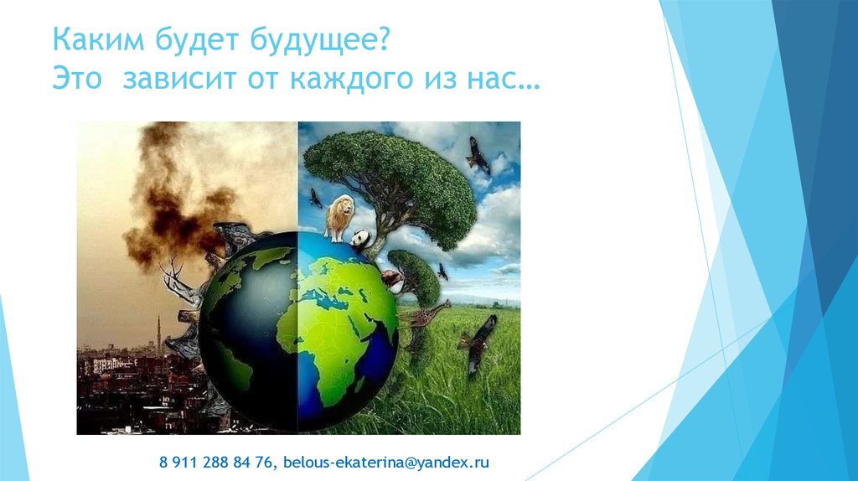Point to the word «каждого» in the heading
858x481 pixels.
click(344, 81)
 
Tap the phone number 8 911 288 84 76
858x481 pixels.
click(218, 462)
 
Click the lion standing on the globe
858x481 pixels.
click(339, 215)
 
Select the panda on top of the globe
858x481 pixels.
click(360, 240)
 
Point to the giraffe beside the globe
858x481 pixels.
click(426, 316)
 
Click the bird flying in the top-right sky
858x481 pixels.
click(478, 155)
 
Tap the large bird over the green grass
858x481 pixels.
click(478, 339)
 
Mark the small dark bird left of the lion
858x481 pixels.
click(315, 199)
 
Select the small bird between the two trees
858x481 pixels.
click(442, 272)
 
